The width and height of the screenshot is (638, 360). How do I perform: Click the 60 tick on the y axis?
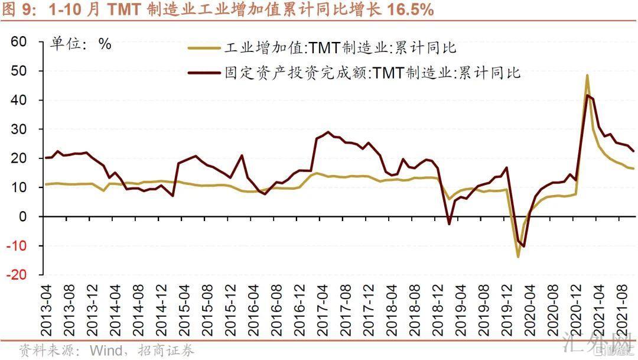click(x=19, y=42)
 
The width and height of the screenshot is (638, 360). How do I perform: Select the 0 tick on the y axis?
click(x=24, y=217)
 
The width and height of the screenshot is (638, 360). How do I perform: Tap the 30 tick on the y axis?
click(x=19, y=129)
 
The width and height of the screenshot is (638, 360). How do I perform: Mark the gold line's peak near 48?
click(x=587, y=76)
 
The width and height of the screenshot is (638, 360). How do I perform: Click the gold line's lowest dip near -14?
click(x=518, y=257)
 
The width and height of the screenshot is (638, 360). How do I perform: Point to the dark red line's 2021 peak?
click(x=587, y=95)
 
